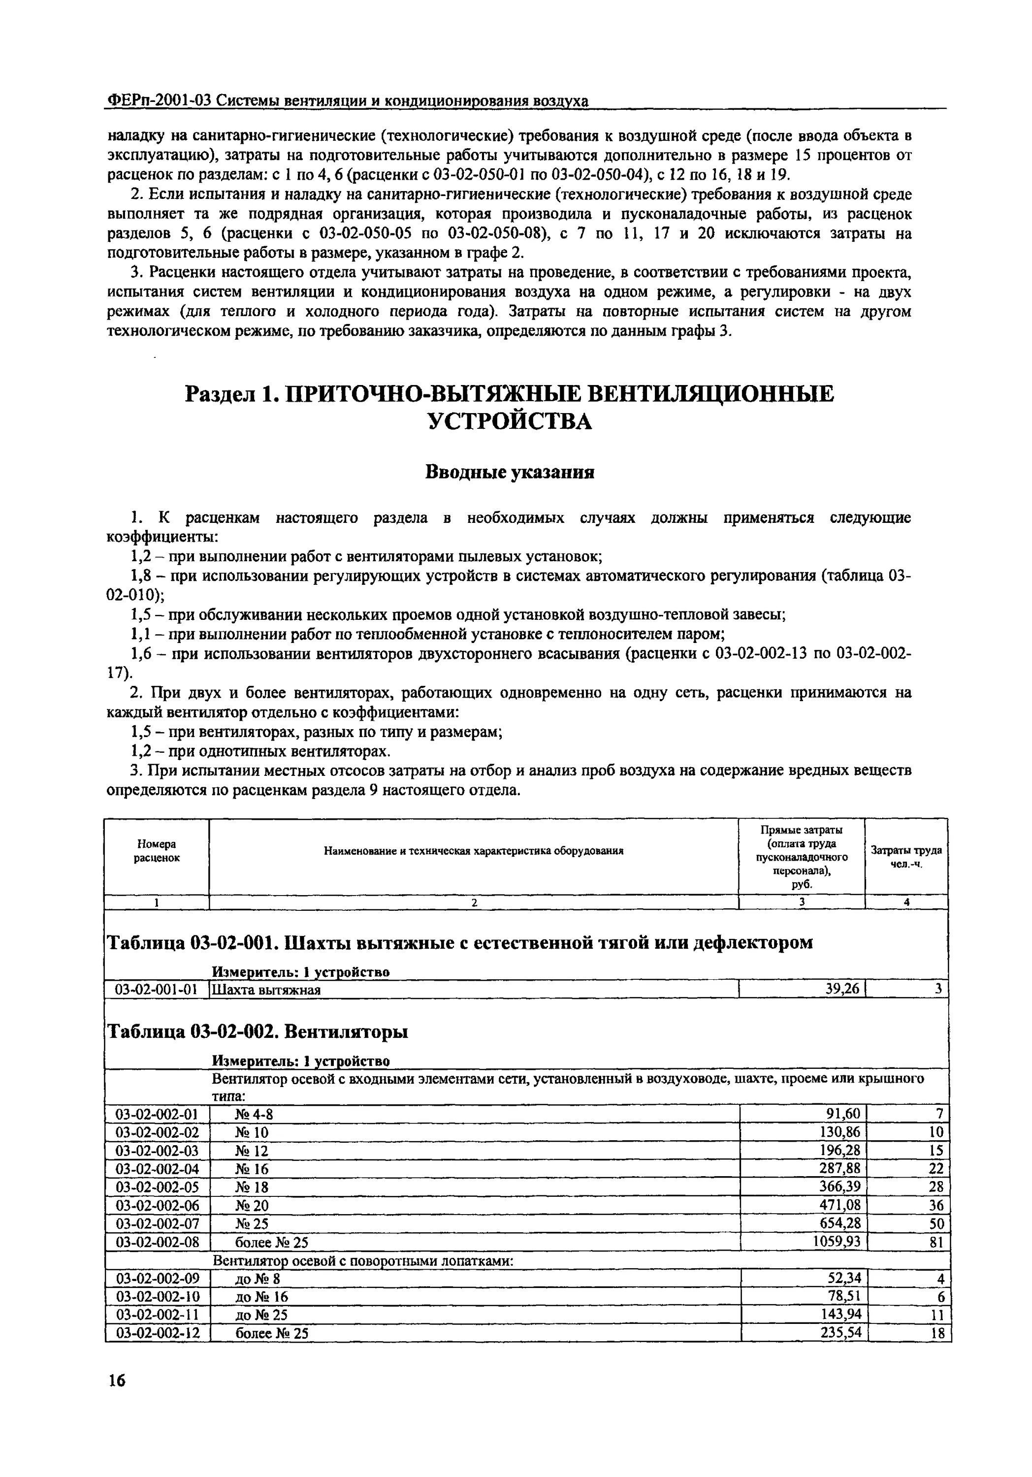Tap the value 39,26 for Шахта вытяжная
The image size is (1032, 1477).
[x=842, y=989]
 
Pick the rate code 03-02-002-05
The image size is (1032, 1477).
[x=157, y=1186]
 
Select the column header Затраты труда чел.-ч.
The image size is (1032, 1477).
[x=906, y=857]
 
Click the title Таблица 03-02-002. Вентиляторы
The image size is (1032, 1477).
[x=257, y=1032]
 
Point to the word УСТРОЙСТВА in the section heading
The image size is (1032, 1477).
[x=510, y=422]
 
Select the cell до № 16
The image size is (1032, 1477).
[x=262, y=1296]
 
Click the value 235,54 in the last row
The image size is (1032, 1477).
[x=841, y=1332]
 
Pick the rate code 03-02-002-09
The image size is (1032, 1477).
[x=157, y=1278]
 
